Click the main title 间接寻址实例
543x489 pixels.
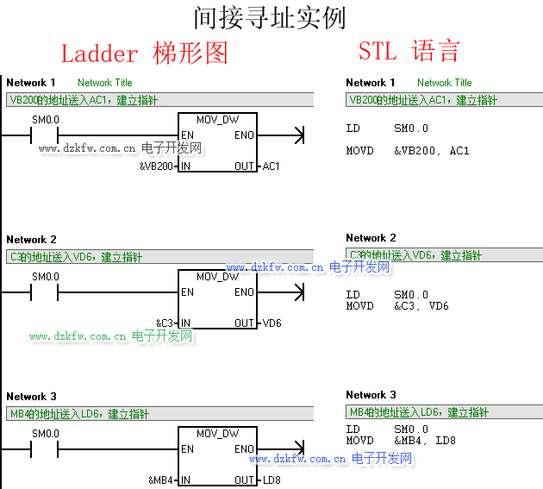coord(271,17)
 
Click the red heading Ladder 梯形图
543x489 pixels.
coord(144,53)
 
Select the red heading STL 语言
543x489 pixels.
coord(409,51)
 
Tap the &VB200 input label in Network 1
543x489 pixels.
coord(157,166)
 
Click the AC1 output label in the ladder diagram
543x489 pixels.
coord(271,166)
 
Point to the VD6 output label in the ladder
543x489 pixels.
coord(272,323)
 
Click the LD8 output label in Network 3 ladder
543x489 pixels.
coord(272,480)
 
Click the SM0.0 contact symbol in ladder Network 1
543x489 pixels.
coord(45,135)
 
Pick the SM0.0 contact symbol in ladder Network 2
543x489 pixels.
coord(45,292)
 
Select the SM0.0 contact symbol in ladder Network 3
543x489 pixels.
coord(45,449)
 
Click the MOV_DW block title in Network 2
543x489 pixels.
coord(217,277)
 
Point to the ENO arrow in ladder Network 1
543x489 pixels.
coord(298,135)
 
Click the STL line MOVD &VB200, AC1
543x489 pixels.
coord(408,151)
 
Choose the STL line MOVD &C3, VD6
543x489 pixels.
coord(397,306)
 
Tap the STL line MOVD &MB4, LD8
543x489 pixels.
coord(401,441)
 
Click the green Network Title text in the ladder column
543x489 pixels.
coord(105,83)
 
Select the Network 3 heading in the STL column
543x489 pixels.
coord(371,395)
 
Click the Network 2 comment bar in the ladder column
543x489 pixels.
coord(159,257)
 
